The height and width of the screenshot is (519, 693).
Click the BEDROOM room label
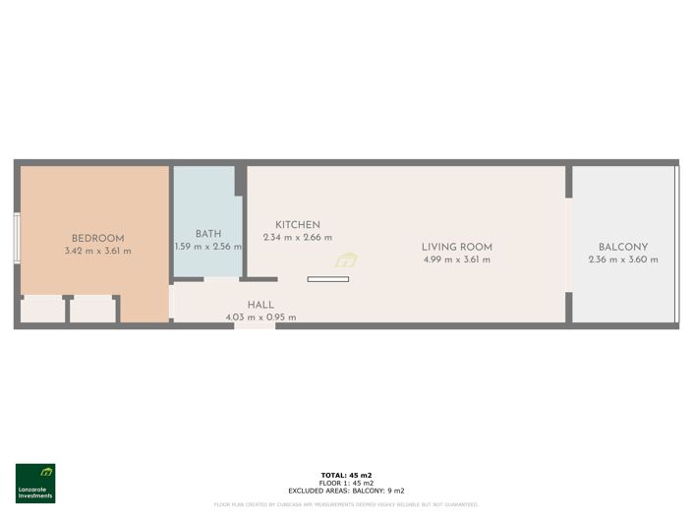(x=97, y=239)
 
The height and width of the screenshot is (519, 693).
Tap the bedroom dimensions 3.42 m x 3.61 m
(x=97, y=252)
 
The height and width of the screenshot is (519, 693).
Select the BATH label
(x=207, y=234)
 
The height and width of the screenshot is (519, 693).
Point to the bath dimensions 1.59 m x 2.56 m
(x=207, y=247)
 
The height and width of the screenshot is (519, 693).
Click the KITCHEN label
(x=297, y=225)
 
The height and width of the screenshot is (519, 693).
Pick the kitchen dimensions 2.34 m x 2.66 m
(x=297, y=238)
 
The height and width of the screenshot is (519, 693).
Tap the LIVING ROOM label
(x=456, y=247)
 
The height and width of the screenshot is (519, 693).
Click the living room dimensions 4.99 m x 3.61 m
(x=456, y=259)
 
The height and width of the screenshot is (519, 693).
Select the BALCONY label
(x=623, y=247)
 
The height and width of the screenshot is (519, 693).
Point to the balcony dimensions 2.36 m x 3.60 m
(x=623, y=259)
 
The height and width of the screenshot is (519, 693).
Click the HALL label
(x=260, y=305)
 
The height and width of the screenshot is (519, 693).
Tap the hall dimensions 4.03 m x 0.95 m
(x=260, y=317)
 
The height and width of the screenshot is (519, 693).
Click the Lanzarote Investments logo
(x=35, y=483)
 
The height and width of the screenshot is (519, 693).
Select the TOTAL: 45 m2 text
(x=346, y=475)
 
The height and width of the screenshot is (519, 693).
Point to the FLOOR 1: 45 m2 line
(x=346, y=483)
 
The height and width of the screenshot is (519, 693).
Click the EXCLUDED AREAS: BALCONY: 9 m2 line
(x=346, y=490)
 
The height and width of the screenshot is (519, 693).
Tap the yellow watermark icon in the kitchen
(x=346, y=260)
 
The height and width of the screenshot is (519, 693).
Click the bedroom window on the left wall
(x=17, y=238)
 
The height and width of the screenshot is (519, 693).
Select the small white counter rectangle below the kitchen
(x=327, y=279)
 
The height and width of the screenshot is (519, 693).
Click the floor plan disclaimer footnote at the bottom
(x=346, y=504)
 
